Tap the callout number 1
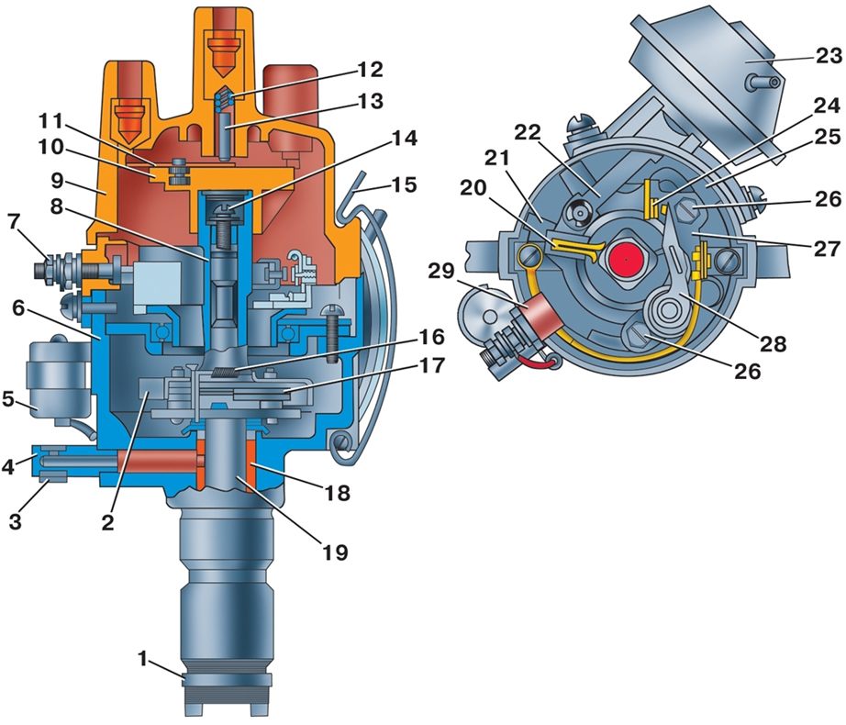tap(142, 659)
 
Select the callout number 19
tap(335, 552)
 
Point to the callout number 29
tap(441, 271)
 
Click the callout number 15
tap(405, 184)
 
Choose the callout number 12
tap(370, 69)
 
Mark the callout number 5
tap(8, 400)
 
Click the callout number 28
tap(774, 343)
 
